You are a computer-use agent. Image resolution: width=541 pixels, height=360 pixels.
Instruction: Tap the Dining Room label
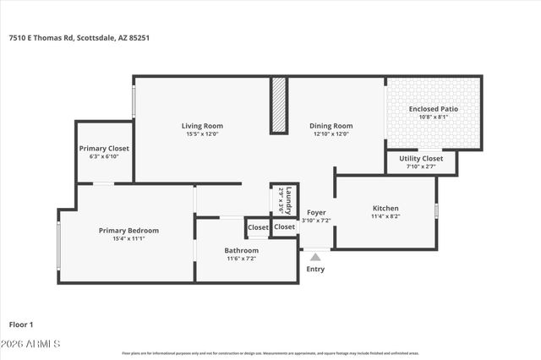[331, 126]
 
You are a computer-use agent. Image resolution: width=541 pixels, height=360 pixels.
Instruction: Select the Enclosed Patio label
[434, 109]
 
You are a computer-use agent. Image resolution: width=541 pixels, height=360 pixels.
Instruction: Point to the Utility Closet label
[420, 158]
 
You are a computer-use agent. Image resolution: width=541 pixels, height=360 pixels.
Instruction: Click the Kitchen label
[385, 208]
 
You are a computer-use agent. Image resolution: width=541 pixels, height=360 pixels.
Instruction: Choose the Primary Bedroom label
[128, 230]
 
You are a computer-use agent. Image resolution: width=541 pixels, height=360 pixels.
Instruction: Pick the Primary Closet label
[104, 148]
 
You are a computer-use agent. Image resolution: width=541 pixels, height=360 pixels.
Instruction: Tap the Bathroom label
[241, 250]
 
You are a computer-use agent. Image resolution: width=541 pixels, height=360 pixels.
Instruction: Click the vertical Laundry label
[287, 199]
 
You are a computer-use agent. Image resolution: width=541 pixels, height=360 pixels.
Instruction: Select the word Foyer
[316, 212]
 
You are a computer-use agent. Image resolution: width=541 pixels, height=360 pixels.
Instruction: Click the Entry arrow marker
[315, 255]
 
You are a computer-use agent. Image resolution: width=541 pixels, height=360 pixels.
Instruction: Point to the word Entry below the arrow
[315, 269]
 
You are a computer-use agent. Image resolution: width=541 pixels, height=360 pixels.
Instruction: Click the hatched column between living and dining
[278, 106]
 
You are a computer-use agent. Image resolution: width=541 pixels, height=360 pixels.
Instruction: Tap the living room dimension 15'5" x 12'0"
[202, 134]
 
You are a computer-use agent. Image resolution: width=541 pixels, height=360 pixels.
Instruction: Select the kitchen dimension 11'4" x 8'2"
[385, 216]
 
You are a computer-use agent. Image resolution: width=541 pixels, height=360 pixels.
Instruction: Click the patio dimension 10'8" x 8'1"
[434, 117]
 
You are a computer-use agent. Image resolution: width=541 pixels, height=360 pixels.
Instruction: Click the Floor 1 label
[21, 324]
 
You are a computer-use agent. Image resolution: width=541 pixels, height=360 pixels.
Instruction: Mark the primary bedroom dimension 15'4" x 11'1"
[128, 238]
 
